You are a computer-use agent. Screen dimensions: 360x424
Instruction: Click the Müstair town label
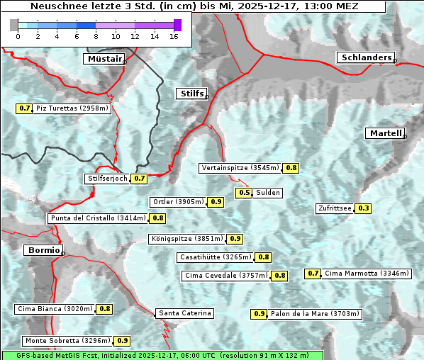click(x=104, y=59)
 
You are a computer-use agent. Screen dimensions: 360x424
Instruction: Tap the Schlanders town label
click(x=365, y=57)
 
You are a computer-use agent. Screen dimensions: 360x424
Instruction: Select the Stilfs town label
click(x=191, y=93)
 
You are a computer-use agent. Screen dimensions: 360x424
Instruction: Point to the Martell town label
click(x=385, y=133)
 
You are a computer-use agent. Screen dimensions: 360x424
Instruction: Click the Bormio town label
click(x=43, y=250)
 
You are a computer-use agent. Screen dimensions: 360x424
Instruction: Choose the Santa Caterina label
click(x=184, y=313)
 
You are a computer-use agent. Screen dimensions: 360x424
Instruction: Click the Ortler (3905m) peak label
click(x=178, y=202)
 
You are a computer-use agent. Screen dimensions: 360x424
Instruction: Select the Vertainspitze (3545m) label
click(x=240, y=168)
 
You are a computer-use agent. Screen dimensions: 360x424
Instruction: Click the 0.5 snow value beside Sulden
click(x=244, y=192)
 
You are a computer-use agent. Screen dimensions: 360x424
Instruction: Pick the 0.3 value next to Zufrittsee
click(x=363, y=208)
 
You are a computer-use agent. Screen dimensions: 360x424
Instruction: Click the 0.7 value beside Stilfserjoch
click(x=139, y=179)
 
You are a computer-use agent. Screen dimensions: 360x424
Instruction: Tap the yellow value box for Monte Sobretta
click(x=123, y=341)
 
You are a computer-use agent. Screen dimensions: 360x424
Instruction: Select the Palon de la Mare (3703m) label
click(x=315, y=313)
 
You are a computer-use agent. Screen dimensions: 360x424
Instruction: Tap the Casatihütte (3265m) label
click(x=215, y=257)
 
